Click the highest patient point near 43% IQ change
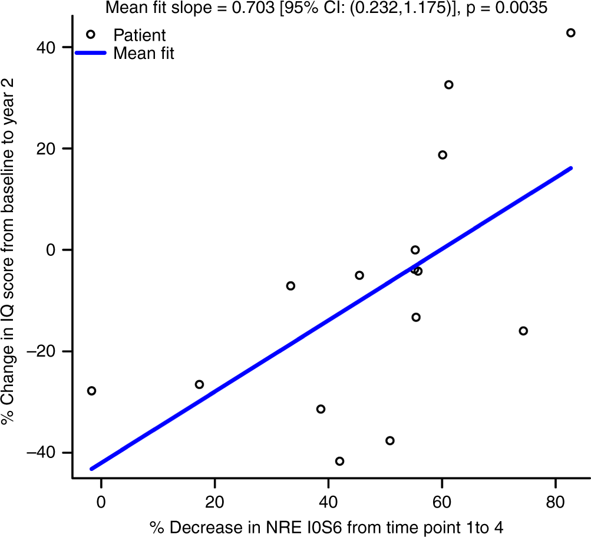pos(570,33)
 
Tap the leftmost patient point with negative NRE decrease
pos(91,391)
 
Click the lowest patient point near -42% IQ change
pos(339,461)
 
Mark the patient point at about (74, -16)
pos(523,331)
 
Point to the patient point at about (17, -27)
pos(199,384)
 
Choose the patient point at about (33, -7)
pos(290,286)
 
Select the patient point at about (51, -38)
pos(389,441)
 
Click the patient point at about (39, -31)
pos(321,409)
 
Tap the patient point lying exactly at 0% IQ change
pos(415,250)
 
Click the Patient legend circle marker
pos(91,35)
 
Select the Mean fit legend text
pos(143,54)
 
